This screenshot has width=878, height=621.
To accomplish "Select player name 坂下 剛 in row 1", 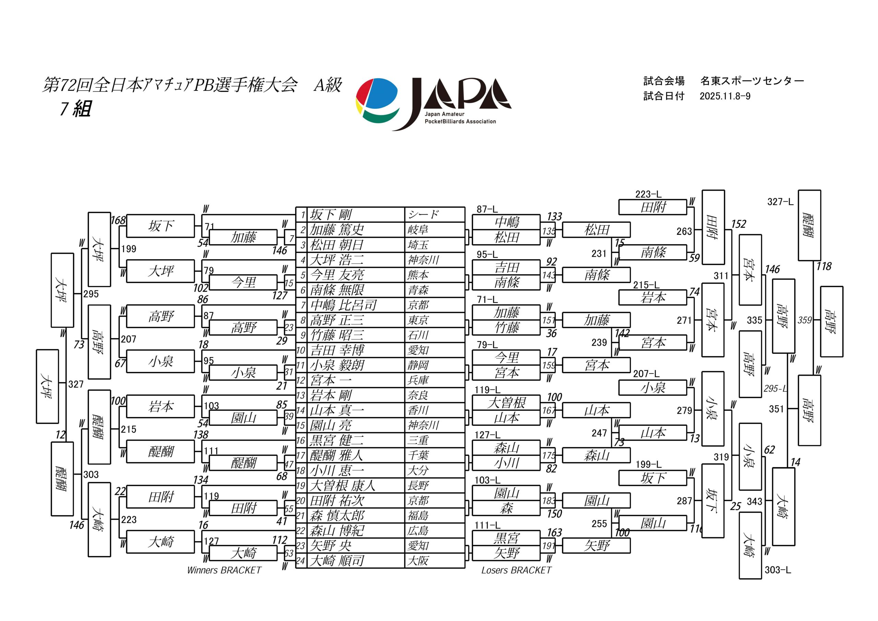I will click(330, 215).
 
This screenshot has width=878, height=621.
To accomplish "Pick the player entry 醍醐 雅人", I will click(336, 455).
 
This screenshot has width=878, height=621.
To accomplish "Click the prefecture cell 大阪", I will click(418, 561).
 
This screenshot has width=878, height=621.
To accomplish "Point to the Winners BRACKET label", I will click(224, 570).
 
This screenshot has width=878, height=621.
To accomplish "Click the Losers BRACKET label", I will click(516, 570).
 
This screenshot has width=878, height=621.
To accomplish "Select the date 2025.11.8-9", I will click(725, 96).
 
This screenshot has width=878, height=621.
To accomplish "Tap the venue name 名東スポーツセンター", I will click(752, 81).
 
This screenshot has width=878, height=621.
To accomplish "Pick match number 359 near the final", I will click(805, 320).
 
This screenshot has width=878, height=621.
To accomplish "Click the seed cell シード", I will click(423, 215).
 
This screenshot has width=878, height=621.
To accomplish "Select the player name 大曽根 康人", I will click(342, 486).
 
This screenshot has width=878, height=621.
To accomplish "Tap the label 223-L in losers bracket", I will click(648, 194).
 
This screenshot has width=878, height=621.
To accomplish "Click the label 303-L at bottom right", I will click(778, 570).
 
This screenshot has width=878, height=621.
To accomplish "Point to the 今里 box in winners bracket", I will click(243, 283).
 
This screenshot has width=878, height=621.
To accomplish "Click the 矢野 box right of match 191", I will click(596, 546).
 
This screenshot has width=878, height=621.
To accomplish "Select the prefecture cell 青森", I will click(418, 290).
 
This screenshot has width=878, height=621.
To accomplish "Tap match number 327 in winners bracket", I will click(76, 384).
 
